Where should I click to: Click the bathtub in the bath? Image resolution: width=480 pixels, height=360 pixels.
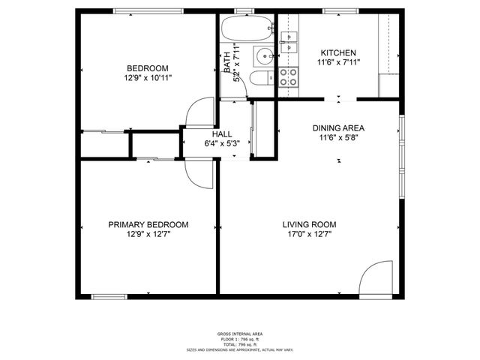tap(246, 31)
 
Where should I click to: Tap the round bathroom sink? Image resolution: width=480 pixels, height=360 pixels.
tap(264, 57)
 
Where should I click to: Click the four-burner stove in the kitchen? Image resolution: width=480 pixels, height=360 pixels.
tap(288, 75)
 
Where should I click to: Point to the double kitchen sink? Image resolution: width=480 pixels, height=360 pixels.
tap(289, 40)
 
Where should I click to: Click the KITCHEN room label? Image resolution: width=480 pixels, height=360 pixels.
tap(337, 52)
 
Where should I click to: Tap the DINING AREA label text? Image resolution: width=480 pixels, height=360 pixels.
tap(338, 127)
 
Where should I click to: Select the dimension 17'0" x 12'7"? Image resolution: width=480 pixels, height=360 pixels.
tap(309, 234)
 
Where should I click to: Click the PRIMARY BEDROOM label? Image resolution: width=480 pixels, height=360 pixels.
tap(148, 224)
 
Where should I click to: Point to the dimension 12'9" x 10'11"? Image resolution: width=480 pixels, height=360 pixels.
tap(148, 77)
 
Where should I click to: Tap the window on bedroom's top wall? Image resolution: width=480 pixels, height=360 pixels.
tap(148, 10)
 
